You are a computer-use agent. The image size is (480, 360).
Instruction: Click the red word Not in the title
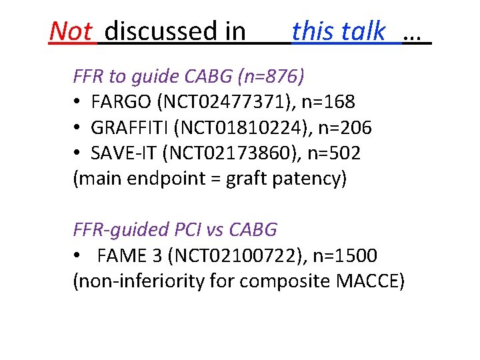point(70,31)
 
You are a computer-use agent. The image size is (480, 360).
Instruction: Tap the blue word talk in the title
point(365,31)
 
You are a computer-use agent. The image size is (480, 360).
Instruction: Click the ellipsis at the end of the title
point(415,33)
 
